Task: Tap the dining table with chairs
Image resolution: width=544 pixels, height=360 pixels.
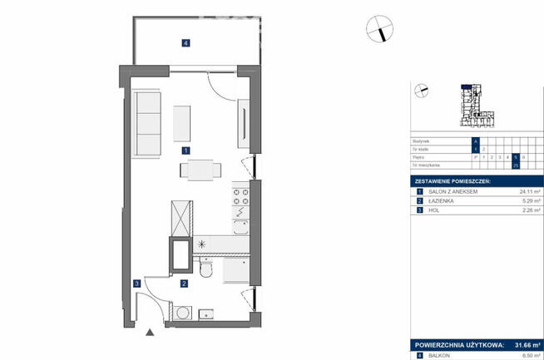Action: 200,170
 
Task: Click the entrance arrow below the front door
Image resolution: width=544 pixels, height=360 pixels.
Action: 150,333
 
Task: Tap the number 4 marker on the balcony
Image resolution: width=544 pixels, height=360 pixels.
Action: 186,42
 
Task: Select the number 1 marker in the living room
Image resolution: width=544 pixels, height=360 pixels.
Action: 186,150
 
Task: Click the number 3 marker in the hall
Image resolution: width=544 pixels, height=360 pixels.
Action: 136,284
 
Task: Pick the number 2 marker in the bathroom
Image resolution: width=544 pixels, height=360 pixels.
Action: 185,284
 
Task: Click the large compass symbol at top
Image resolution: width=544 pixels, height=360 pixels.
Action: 378,29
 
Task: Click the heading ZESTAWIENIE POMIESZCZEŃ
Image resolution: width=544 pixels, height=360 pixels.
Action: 453,180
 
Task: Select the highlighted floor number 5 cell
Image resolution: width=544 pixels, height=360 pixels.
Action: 515,156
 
